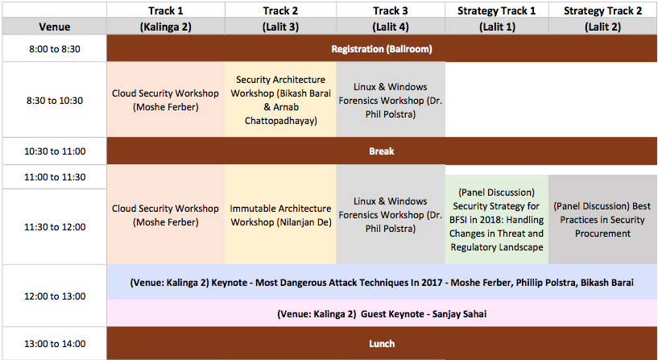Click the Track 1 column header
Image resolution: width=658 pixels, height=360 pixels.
point(165,10)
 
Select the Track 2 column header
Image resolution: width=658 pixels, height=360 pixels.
point(280,10)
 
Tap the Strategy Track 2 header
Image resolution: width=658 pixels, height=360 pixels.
point(602,10)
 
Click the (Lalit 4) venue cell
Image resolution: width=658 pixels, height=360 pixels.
point(391,27)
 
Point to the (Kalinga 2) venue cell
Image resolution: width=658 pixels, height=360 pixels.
point(165,27)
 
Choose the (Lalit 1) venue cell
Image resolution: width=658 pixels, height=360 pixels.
point(497,27)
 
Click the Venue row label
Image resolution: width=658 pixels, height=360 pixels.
point(55,27)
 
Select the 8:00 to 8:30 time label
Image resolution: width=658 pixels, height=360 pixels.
point(55,48)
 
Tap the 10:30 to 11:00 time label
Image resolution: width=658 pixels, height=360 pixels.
point(55,151)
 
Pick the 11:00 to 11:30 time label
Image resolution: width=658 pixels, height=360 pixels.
point(55,177)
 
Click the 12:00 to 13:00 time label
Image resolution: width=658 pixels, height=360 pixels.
point(55,296)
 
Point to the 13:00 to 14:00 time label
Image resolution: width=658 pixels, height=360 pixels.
point(55,344)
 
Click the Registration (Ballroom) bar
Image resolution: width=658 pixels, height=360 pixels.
point(382,48)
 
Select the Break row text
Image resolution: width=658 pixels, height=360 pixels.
point(382,151)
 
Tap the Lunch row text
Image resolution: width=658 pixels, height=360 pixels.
point(382,344)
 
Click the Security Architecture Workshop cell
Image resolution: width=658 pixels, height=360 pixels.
point(280,100)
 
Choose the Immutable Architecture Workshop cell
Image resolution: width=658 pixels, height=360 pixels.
point(280,215)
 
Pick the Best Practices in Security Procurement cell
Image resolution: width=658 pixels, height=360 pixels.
point(602,219)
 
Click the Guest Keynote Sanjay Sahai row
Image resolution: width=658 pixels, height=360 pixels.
point(382,313)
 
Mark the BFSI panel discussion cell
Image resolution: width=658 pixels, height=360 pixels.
point(497,219)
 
